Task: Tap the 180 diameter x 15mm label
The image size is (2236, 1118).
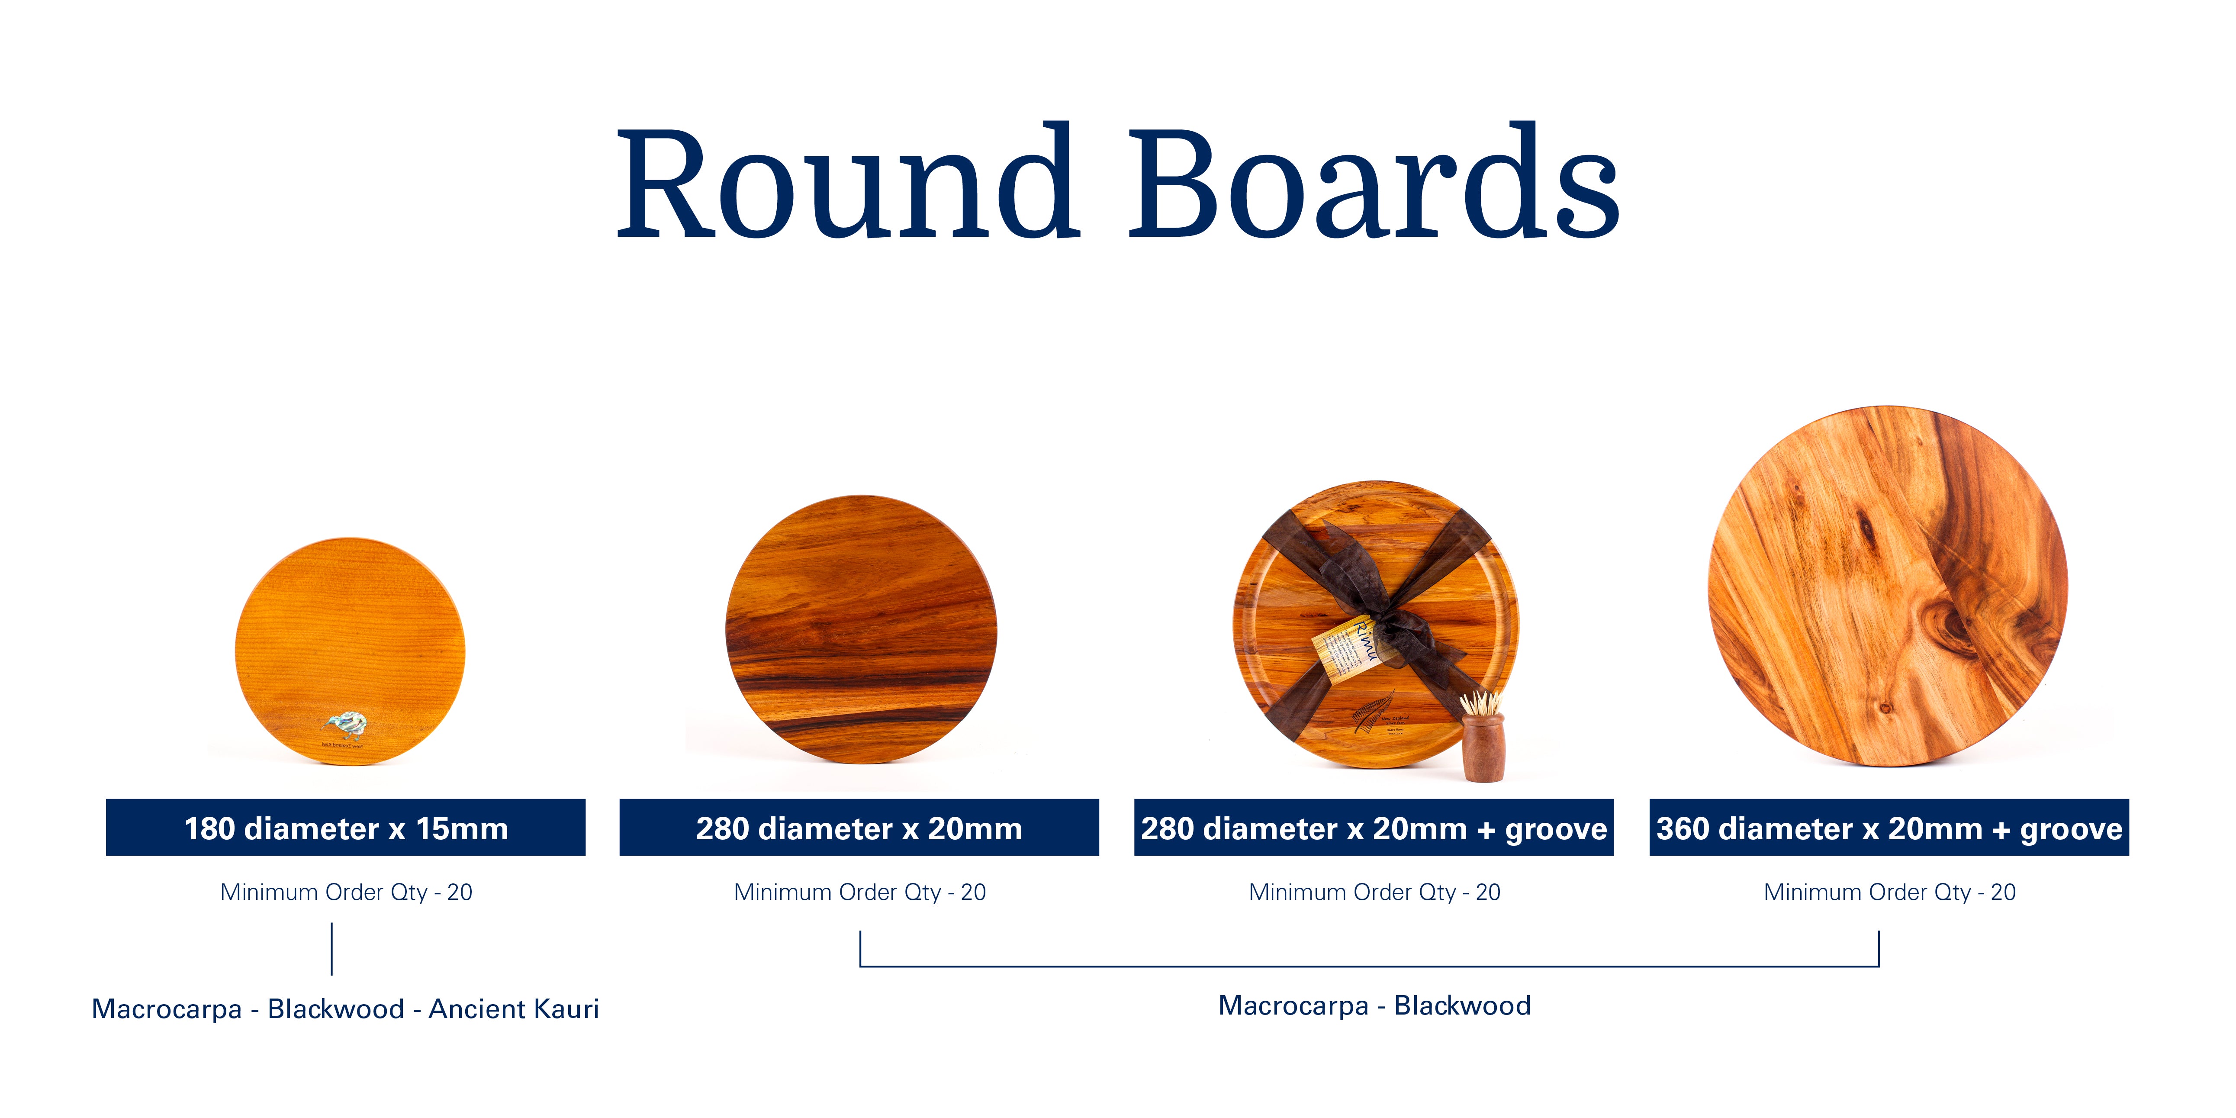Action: [345, 828]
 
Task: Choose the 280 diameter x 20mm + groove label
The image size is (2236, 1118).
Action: [1373, 828]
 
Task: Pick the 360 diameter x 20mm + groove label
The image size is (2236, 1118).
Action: [1889, 828]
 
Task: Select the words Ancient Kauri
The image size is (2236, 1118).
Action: [514, 1008]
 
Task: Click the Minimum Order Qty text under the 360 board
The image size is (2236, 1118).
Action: [1889, 892]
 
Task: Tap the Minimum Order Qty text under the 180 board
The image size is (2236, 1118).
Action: [345, 892]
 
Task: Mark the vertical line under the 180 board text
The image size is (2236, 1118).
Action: [331, 949]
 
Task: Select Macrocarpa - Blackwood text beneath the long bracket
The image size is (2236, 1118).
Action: [1374, 1005]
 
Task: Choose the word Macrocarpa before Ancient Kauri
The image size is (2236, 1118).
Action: [167, 1008]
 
